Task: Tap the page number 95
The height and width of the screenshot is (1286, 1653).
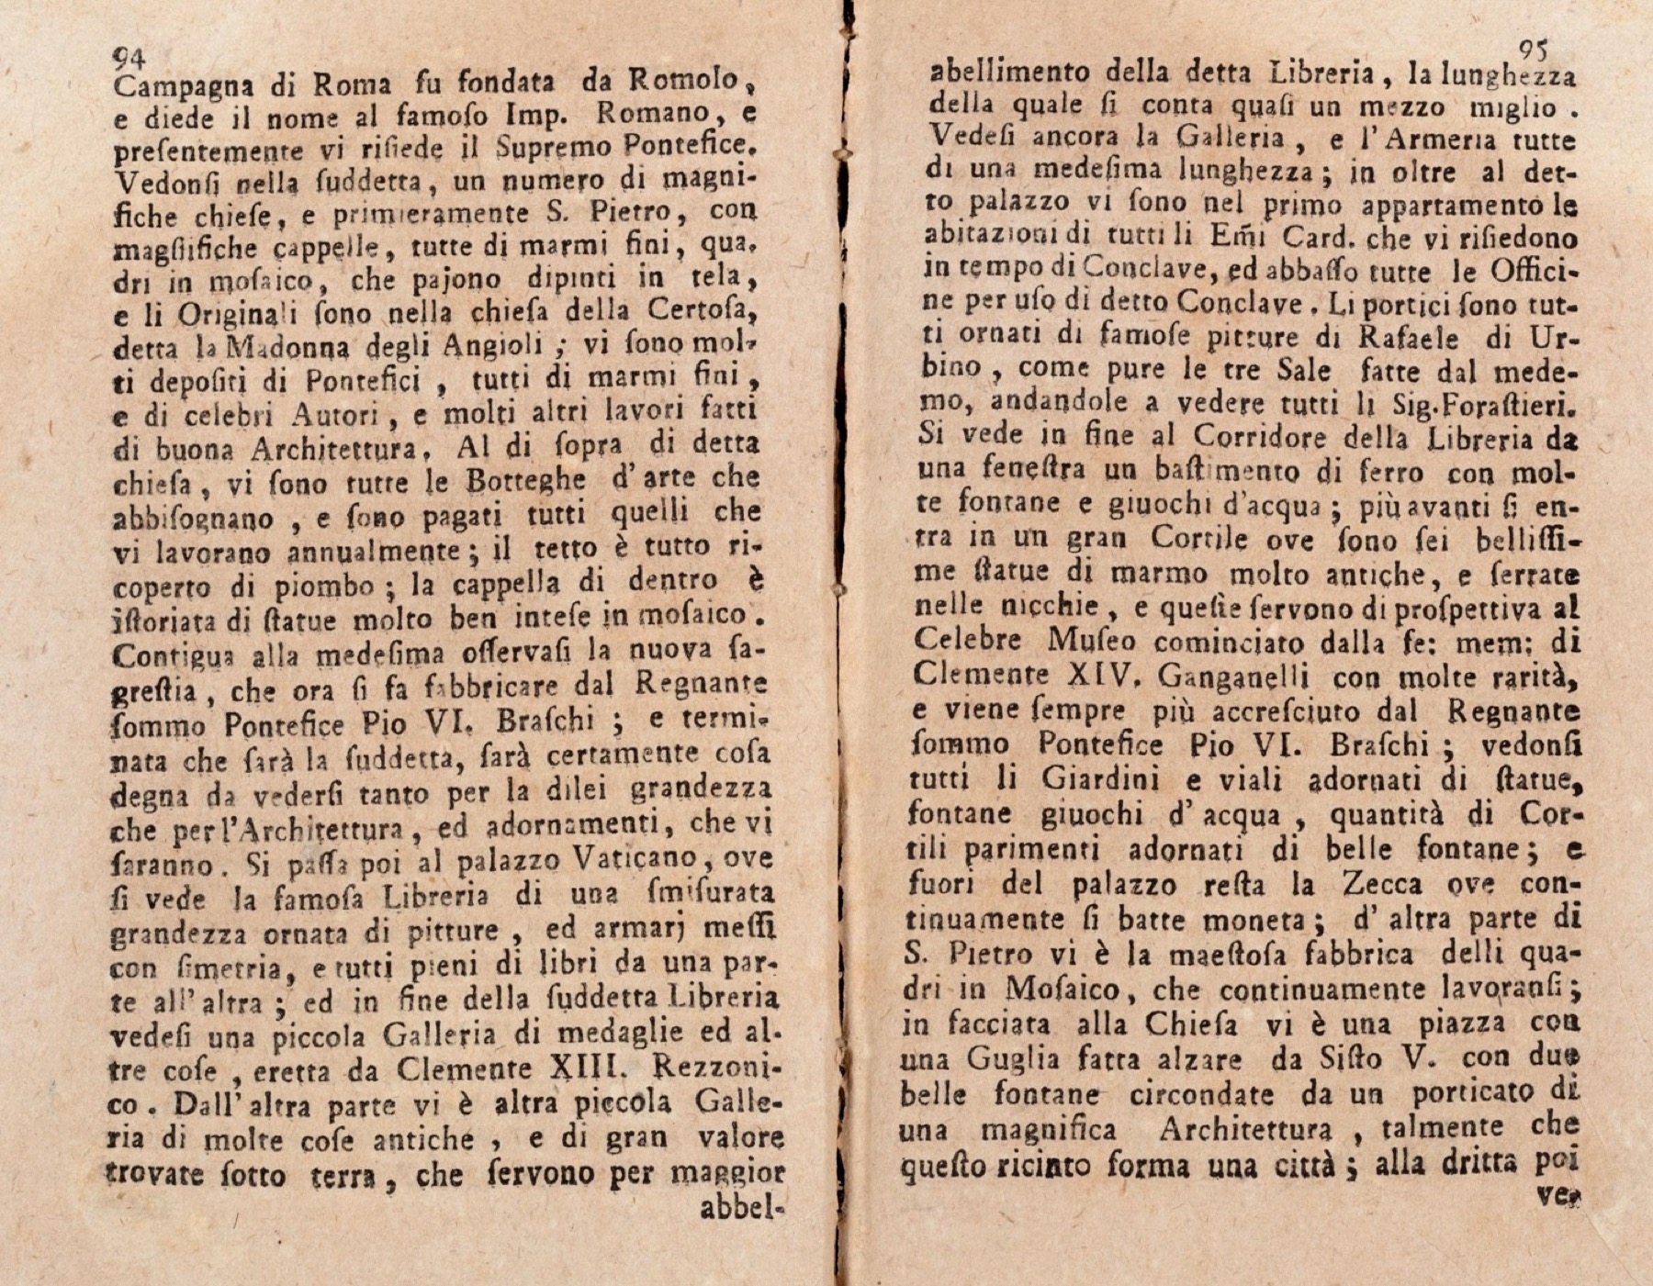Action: tap(1534, 50)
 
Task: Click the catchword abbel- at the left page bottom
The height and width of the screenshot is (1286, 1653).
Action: tap(741, 1209)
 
